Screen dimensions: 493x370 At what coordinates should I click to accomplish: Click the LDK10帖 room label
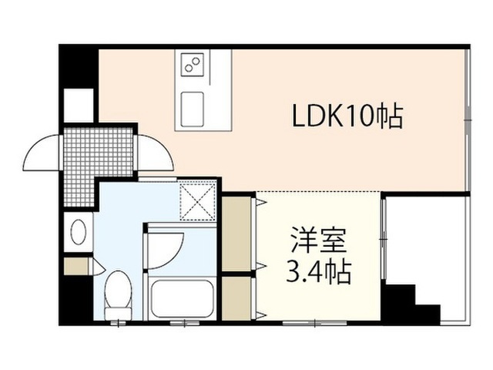(x=347, y=116)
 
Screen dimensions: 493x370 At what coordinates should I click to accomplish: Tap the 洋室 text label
(x=318, y=240)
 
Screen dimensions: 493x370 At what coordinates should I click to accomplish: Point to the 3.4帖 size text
(x=318, y=271)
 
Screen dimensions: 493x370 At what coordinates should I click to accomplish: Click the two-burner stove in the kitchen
(x=192, y=64)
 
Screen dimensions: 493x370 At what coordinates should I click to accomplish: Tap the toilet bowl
(x=118, y=294)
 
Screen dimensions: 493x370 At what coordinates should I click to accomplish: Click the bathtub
(x=182, y=299)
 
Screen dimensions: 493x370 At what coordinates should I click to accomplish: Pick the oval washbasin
(x=79, y=231)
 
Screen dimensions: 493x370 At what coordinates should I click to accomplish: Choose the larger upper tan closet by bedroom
(x=236, y=234)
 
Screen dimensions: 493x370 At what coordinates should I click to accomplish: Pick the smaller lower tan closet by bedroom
(x=236, y=298)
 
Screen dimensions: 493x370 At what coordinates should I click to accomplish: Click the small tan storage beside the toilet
(x=76, y=266)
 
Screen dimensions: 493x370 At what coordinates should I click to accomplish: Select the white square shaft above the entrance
(x=79, y=105)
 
